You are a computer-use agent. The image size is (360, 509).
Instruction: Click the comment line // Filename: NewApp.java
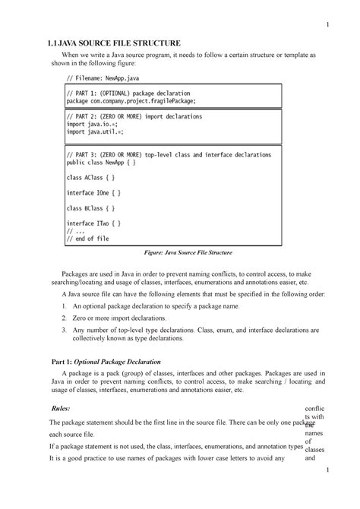(x=103, y=77)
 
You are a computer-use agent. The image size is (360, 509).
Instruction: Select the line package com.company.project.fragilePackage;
(x=131, y=100)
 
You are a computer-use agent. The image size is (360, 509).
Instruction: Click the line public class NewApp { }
(x=103, y=162)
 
